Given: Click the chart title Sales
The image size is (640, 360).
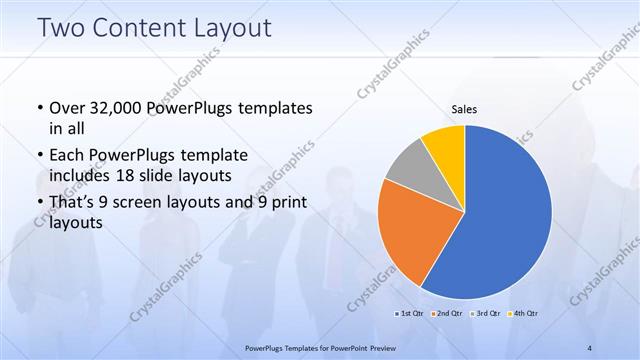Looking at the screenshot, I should point(465,108).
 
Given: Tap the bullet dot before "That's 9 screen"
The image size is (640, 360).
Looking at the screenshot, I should point(39,204).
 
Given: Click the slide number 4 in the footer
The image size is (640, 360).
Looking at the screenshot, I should point(590,347).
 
